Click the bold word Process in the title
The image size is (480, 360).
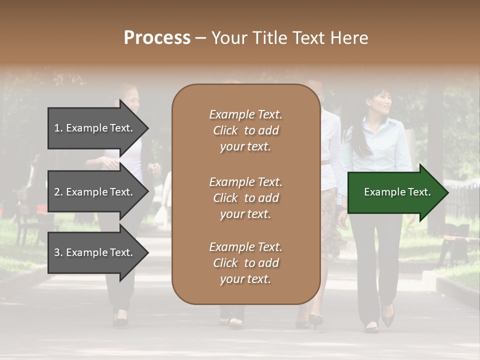coord(157,38)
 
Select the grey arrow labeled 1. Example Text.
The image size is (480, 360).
coord(95,128)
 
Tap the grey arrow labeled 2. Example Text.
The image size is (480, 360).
coord(95,192)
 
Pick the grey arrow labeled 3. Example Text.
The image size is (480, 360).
coord(95,252)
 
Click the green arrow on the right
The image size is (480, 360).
coord(395,192)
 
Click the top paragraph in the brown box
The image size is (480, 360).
coord(245,130)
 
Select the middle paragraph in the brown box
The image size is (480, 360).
coord(245,198)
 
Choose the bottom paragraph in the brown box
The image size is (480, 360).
coord(245,263)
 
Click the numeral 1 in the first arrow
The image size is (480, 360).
coord(57,128)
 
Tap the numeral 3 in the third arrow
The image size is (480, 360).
coord(57,252)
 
